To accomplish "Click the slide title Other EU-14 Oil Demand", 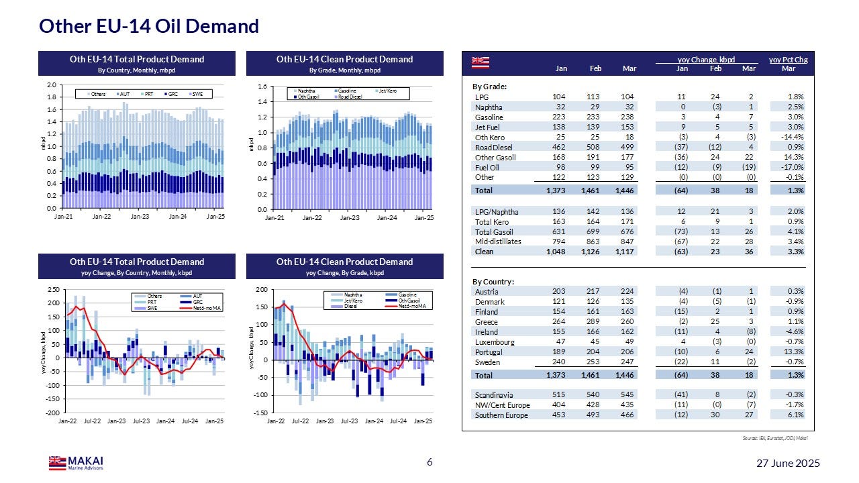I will tap(149, 26).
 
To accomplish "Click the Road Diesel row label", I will tap(494, 148).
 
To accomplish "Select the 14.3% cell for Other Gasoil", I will tap(795, 158).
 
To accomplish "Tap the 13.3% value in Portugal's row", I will tap(795, 352).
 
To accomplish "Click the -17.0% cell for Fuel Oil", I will tap(793, 168).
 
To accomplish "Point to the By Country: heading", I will tap(493, 281).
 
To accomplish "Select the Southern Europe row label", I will tap(501, 415).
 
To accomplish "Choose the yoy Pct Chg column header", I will tap(788, 60).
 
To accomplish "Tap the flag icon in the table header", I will tap(481, 62).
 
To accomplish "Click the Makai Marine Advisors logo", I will tap(76, 463).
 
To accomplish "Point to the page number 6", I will tap(429, 463).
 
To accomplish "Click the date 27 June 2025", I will tap(787, 464).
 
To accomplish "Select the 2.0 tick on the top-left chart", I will tap(51, 86).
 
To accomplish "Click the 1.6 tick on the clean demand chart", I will tap(262, 87).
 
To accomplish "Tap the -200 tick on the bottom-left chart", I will tap(50, 412).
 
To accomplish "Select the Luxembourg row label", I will tap(494, 342).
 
